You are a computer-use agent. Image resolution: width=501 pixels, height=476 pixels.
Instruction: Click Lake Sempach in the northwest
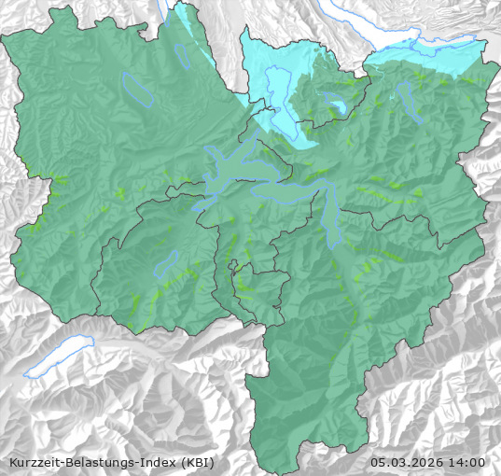[137, 89]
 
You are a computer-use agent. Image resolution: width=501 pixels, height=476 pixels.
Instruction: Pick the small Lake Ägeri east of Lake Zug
[333, 102]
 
